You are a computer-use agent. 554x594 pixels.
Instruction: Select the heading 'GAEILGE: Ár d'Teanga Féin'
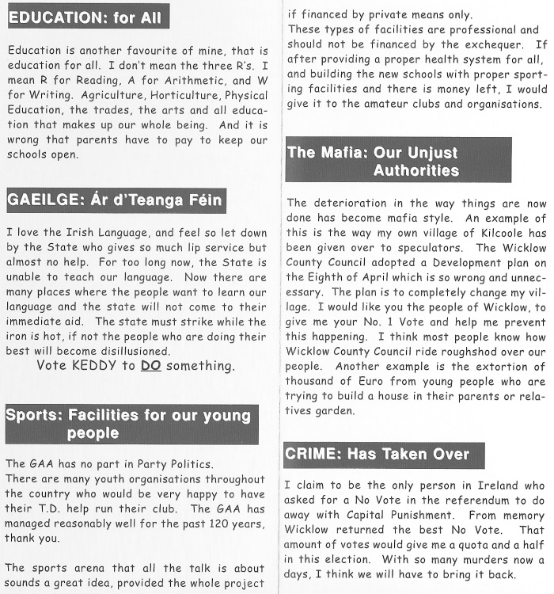click(x=115, y=200)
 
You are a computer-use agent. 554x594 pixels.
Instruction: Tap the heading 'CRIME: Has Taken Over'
click(x=378, y=454)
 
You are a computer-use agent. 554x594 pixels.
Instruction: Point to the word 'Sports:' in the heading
click(x=34, y=415)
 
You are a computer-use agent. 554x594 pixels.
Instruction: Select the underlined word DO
click(x=150, y=366)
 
